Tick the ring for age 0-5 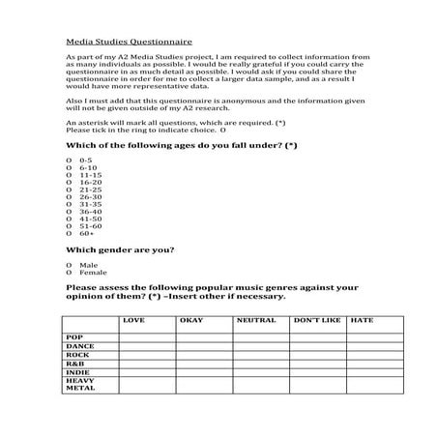[x=69, y=159]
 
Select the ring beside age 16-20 [x=69, y=182]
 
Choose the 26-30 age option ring [x=69, y=196]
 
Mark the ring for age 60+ [x=69, y=234]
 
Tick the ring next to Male [x=69, y=265]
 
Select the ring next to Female [x=69, y=273]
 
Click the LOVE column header [x=133, y=320]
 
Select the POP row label [x=75, y=337]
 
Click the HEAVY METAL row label [x=80, y=385]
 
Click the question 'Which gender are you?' [x=119, y=250]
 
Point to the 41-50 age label [x=91, y=218]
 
